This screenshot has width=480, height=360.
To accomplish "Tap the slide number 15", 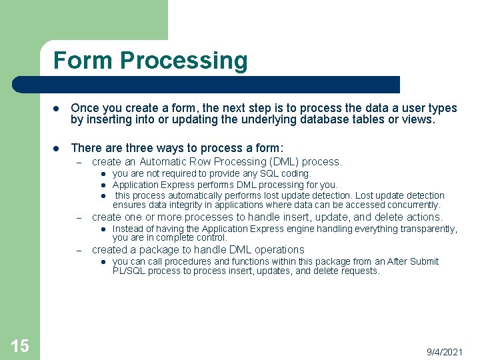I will pyautogui.click(x=20, y=345).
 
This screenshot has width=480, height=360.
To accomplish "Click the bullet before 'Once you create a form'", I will pyautogui.click(x=57, y=109).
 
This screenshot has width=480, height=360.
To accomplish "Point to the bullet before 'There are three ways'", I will pyautogui.click(x=57, y=148).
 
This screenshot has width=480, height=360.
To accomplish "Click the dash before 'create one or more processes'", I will pyautogui.click(x=78, y=217).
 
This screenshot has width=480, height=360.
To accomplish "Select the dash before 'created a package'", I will pyautogui.click(x=78, y=250).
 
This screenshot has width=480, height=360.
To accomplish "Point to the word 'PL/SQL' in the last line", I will pyautogui.click(x=127, y=271).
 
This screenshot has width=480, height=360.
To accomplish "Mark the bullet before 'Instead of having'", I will pyautogui.click(x=105, y=229).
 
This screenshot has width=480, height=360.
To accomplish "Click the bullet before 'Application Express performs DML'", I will pyautogui.click(x=105, y=185).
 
